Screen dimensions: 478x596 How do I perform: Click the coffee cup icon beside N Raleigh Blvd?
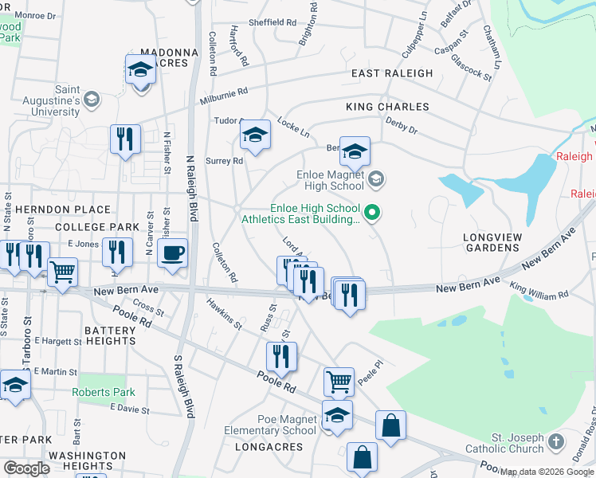(172, 253)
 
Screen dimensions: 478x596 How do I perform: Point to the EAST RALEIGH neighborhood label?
(393, 73)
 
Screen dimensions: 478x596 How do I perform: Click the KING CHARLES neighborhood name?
(387, 107)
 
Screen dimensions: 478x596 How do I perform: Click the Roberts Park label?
(104, 392)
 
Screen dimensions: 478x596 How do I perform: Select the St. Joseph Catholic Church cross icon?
(557, 440)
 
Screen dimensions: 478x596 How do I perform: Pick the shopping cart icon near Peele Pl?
(339, 382)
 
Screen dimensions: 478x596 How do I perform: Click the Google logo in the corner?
(26, 468)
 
